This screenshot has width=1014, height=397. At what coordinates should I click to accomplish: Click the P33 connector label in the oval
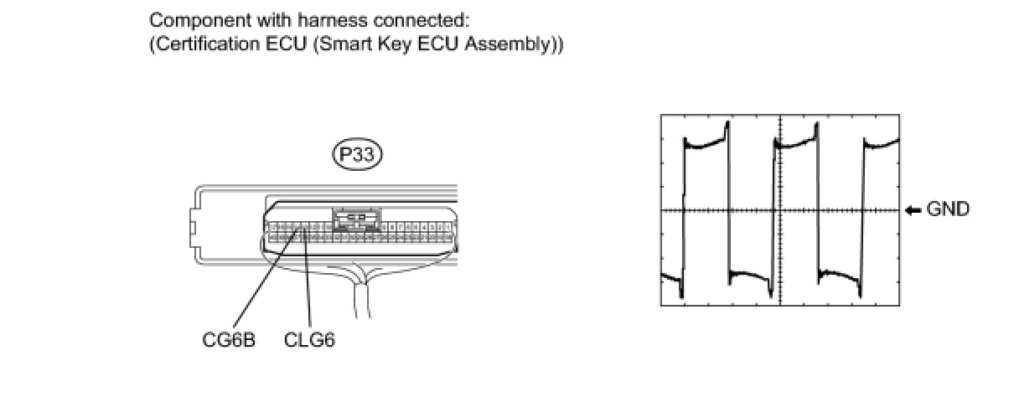tap(356, 154)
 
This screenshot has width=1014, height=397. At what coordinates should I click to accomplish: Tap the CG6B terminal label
tap(228, 341)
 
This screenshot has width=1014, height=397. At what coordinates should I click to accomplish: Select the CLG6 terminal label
tap(309, 341)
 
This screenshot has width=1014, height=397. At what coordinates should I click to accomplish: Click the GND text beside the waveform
tap(948, 209)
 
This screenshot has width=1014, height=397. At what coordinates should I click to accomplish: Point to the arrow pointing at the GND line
tap(913, 209)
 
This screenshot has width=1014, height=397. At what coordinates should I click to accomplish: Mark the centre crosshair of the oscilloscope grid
tap(780, 210)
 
